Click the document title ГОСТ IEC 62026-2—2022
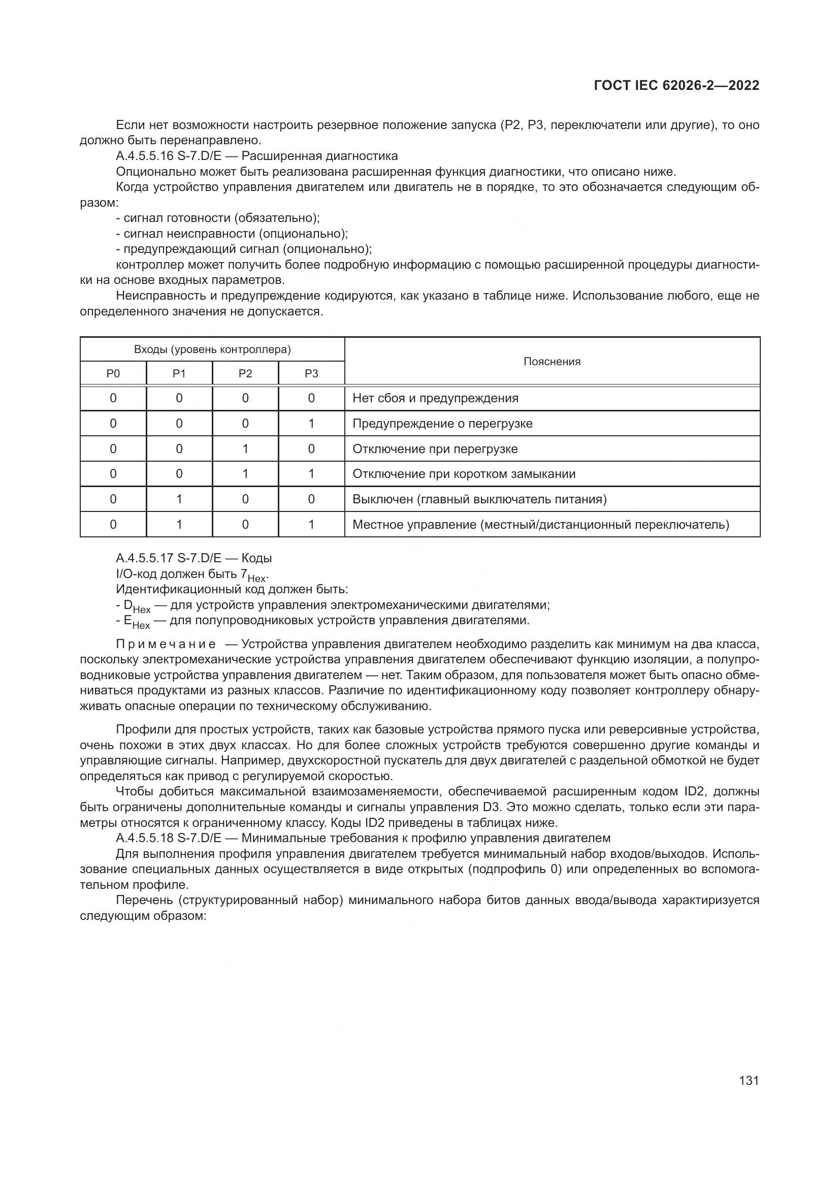676,86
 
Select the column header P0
113,374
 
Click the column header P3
311,374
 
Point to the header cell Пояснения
552,362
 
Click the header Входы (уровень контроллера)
212,349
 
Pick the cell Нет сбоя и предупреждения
435,398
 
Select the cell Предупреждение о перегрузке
442,424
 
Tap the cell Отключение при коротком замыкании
464,474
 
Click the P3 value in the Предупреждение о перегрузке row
311,424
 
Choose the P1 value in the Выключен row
179,499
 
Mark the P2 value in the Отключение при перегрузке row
245,449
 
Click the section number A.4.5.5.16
144,156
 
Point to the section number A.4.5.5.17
144,558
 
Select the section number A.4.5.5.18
144,838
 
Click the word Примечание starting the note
166,645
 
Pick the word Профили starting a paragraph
137,730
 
